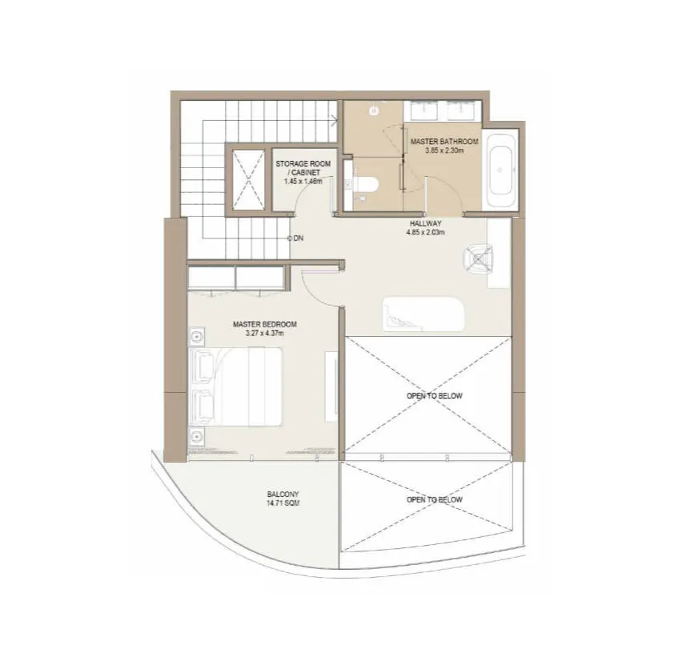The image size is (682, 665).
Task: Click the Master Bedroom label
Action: coord(264,324)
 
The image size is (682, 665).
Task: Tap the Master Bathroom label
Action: coord(444,142)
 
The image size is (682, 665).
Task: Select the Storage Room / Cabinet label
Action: coord(303,168)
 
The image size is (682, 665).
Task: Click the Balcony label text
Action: coord(283,495)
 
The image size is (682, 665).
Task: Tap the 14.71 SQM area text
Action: coord(283,503)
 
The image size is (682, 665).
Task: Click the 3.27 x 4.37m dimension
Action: coord(264,334)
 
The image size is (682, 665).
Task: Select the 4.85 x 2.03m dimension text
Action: coord(425,232)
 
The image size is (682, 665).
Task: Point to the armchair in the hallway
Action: coord(478,258)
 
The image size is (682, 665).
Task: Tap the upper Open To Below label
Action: coord(434,396)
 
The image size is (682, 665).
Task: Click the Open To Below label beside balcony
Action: coord(434,499)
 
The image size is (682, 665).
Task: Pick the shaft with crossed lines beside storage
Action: coord(249,179)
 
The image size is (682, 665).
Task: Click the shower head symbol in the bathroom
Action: coord(373,110)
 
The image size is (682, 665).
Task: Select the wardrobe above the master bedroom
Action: coord(236,277)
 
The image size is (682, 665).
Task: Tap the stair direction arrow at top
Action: coord(335,121)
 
